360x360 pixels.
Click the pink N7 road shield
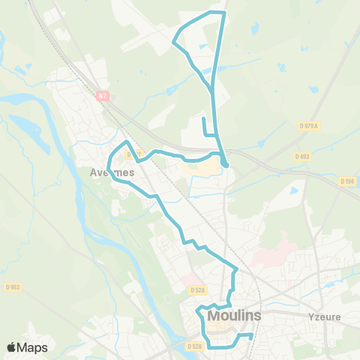click(x=103, y=96)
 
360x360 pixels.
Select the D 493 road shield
click(x=302, y=157)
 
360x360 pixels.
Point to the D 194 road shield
click(x=346, y=181)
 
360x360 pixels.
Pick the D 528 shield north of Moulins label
click(x=197, y=289)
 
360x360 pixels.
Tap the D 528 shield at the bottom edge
click(x=194, y=346)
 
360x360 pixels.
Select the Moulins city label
click(x=234, y=316)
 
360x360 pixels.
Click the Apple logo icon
click(x=12, y=347)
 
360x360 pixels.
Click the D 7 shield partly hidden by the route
click(x=132, y=154)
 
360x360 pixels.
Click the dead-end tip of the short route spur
click(x=204, y=118)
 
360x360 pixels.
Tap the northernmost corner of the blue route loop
click(x=223, y=13)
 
